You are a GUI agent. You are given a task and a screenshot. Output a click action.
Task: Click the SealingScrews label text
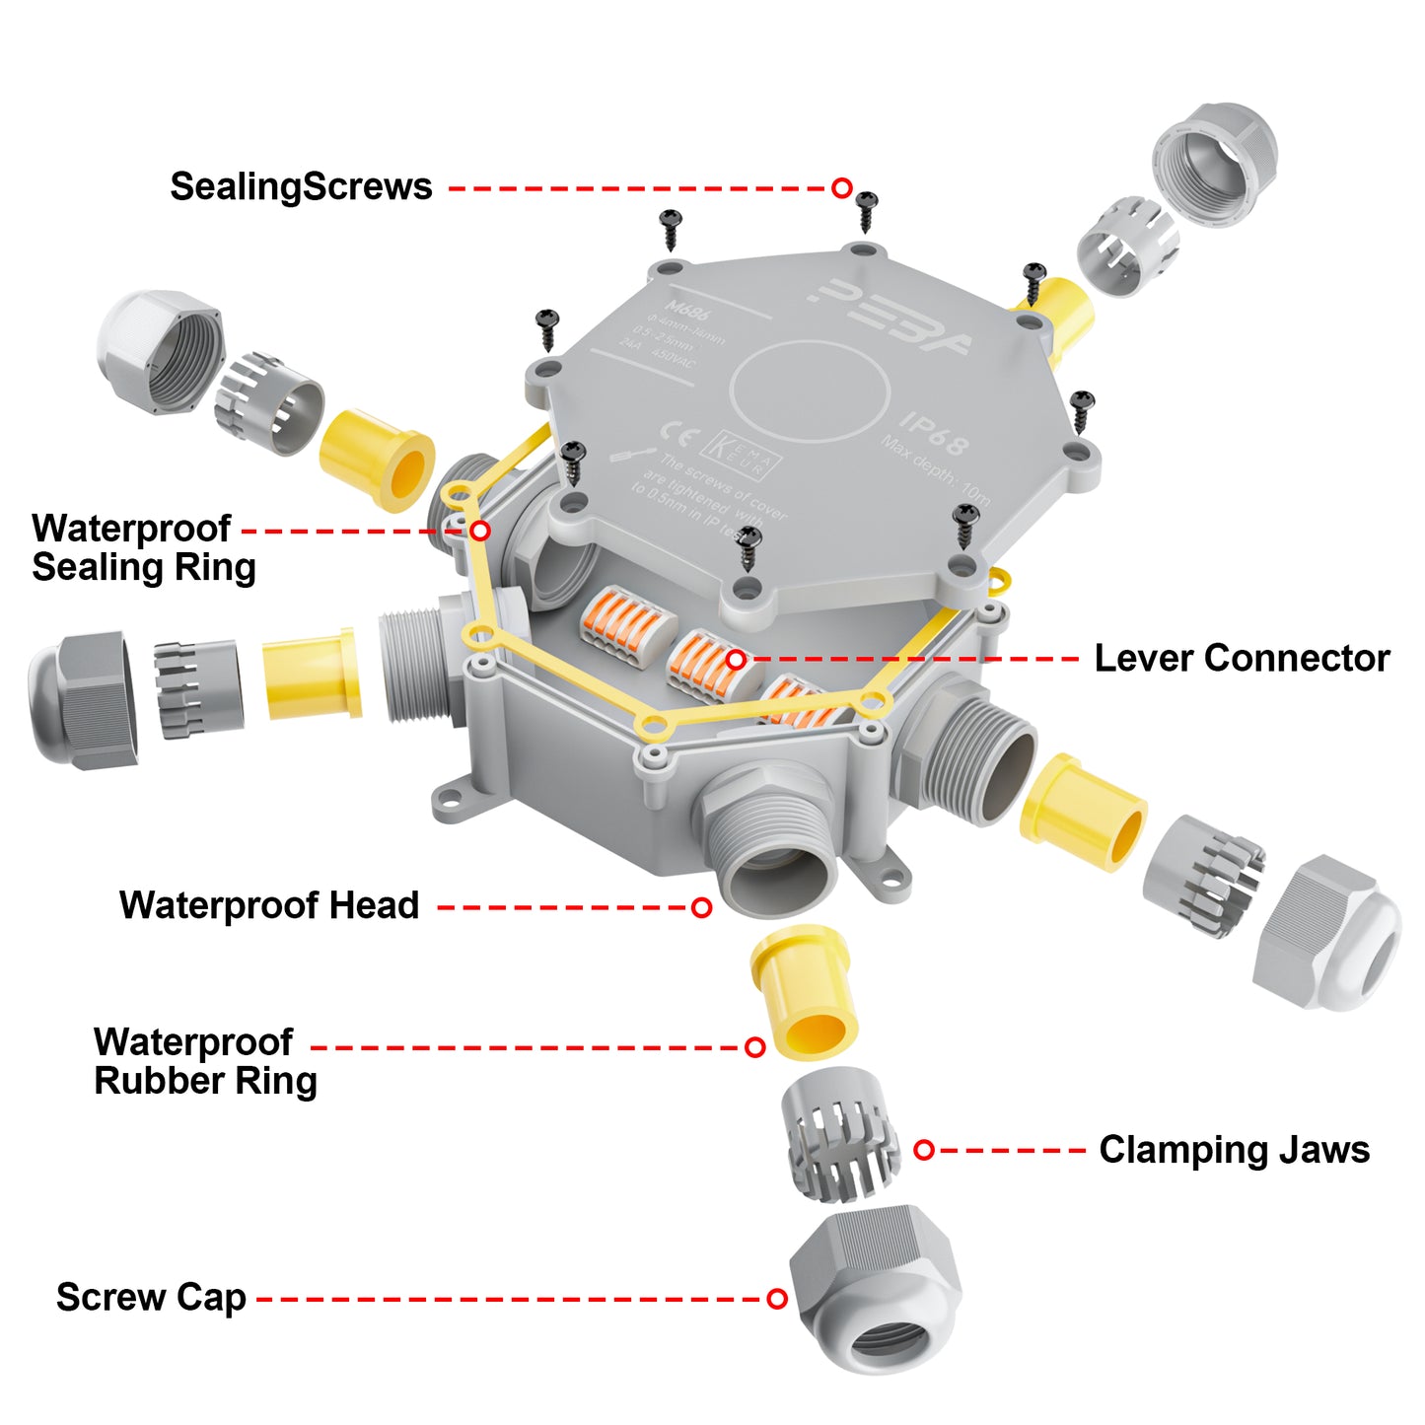point(301,186)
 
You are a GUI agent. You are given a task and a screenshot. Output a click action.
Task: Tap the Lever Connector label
point(1242,658)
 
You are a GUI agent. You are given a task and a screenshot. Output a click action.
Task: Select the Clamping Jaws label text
point(1234,1150)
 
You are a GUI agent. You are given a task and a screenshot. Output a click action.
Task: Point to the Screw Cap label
point(151,1297)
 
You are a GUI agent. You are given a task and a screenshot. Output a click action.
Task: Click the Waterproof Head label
point(269,905)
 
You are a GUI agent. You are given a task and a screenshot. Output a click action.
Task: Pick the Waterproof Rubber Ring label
point(205,1061)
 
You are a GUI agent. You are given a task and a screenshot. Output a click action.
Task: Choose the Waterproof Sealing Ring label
point(144,547)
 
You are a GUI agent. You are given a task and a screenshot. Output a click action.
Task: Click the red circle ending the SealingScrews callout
point(841,187)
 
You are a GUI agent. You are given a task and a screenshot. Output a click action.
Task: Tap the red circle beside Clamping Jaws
point(923,1150)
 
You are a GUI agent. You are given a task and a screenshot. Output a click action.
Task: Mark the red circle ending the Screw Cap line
point(777,1299)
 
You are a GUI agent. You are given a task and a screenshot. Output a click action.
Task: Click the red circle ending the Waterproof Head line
point(701,907)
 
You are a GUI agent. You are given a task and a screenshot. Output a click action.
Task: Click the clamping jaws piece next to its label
point(841,1134)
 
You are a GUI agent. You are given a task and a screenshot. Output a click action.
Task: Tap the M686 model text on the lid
point(687,311)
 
